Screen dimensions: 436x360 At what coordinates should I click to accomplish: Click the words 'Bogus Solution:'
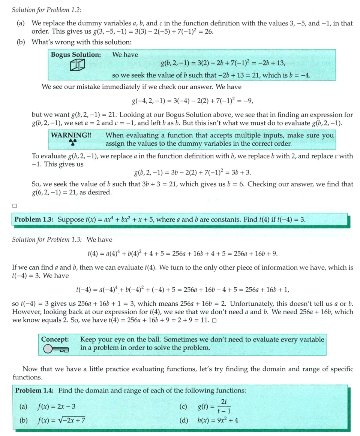(76, 55)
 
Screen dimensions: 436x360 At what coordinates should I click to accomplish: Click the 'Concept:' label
(55, 339)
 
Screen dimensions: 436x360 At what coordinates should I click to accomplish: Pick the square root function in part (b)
(61, 420)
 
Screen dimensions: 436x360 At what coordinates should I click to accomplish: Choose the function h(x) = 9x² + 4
(217, 420)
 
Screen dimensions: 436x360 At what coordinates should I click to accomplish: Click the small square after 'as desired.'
(14, 205)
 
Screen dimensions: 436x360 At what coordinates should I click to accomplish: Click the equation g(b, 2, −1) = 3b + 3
(192, 173)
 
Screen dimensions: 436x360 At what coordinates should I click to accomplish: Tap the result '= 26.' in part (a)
(206, 31)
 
